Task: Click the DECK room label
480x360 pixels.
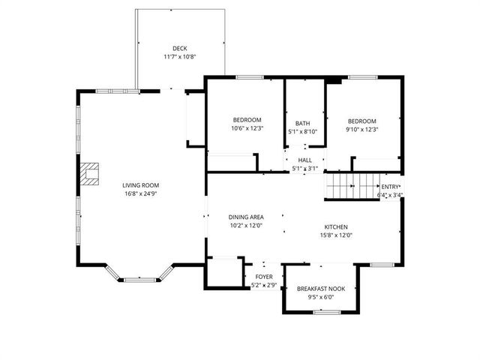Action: (x=179, y=49)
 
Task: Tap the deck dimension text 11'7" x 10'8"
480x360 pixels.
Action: (x=179, y=57)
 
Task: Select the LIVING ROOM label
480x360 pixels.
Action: (x=141, y=185)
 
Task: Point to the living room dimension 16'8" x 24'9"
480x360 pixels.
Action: (x=141, y=193)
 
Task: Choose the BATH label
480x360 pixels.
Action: (x=302, y=124)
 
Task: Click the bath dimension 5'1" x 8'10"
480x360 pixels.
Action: (x=302, y=132)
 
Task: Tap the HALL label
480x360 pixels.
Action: (x=304, y=160)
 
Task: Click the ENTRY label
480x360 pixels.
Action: (x=390, y=187)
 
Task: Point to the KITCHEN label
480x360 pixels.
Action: (x=336, y=226)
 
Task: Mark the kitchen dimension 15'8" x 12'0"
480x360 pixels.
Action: (x=336, y=235)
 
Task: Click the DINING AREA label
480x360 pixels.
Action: (x=246, y=217)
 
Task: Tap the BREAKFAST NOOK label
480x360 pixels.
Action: (x=321, y=289)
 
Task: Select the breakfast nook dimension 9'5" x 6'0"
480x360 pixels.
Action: (x=321, y=297)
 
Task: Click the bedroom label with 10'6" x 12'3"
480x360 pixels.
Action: (x=247, y=121)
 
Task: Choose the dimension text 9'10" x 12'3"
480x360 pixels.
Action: (x=361, y=129)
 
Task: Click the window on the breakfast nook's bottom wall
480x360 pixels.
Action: (x=327, y=311)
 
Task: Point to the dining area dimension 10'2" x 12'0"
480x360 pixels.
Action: (x=246, y=226)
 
